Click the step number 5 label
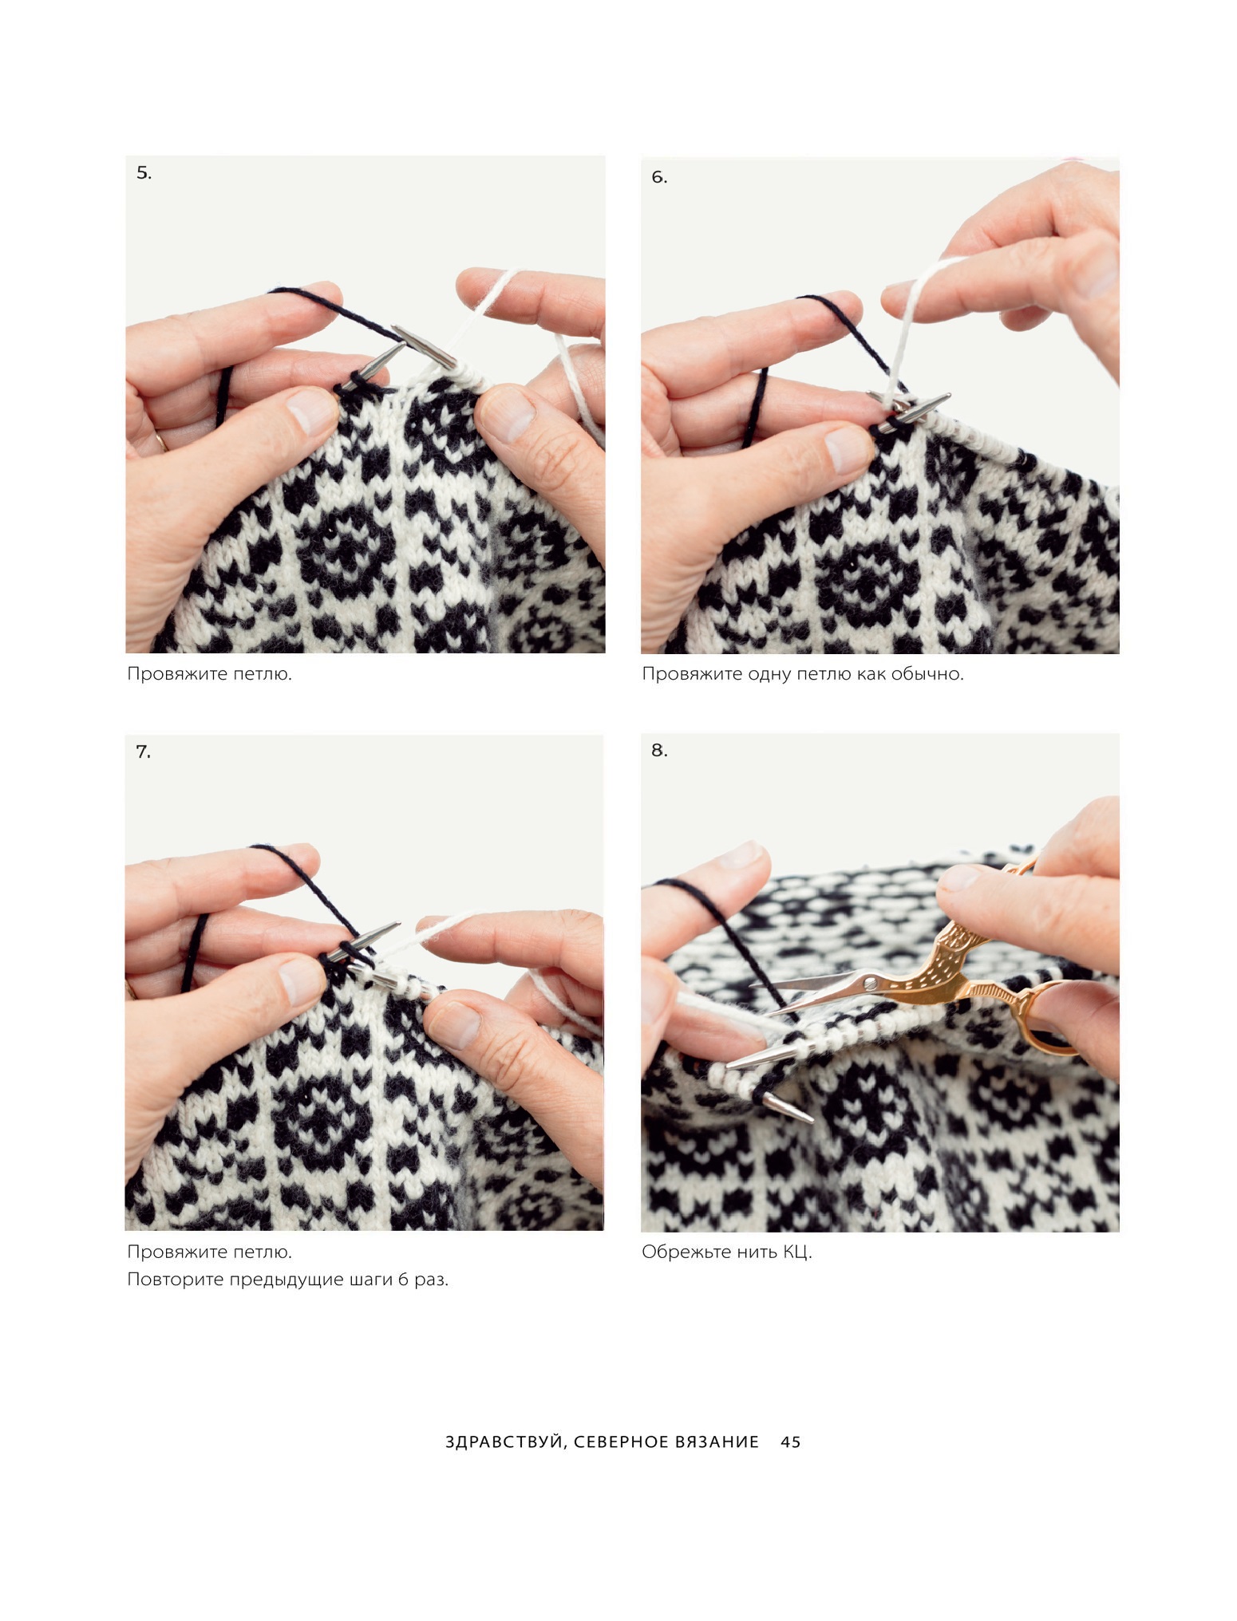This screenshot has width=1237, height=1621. (x=144, y=173)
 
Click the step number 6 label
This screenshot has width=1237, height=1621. (x=659, y=177)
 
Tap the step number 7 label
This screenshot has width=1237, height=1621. (x=143, y=751)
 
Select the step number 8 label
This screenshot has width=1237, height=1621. (x=659, y=750)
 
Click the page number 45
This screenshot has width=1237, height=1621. (x=790, y=1442)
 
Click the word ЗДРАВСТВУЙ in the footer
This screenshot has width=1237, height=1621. (x=505, y=1442)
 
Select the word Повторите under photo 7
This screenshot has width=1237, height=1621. (x=176, y=1280)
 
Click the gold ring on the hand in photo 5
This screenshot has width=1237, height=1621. (x=162, y=440)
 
